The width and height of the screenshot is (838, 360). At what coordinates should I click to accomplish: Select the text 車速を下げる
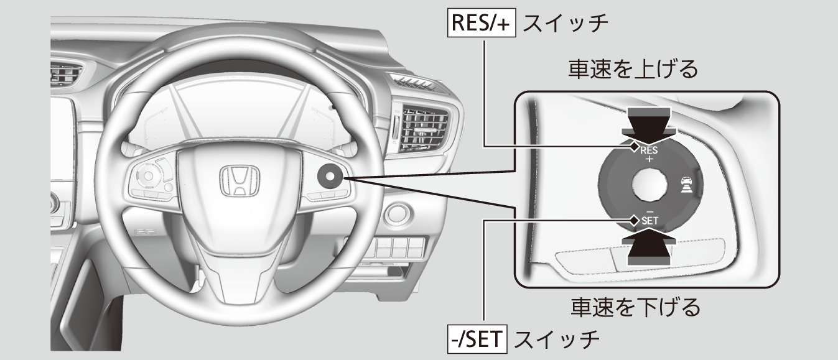coord(636,307)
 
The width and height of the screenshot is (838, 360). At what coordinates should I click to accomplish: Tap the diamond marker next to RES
coord(634,147)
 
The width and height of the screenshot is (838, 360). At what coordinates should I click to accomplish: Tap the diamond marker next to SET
coord(634,220)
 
